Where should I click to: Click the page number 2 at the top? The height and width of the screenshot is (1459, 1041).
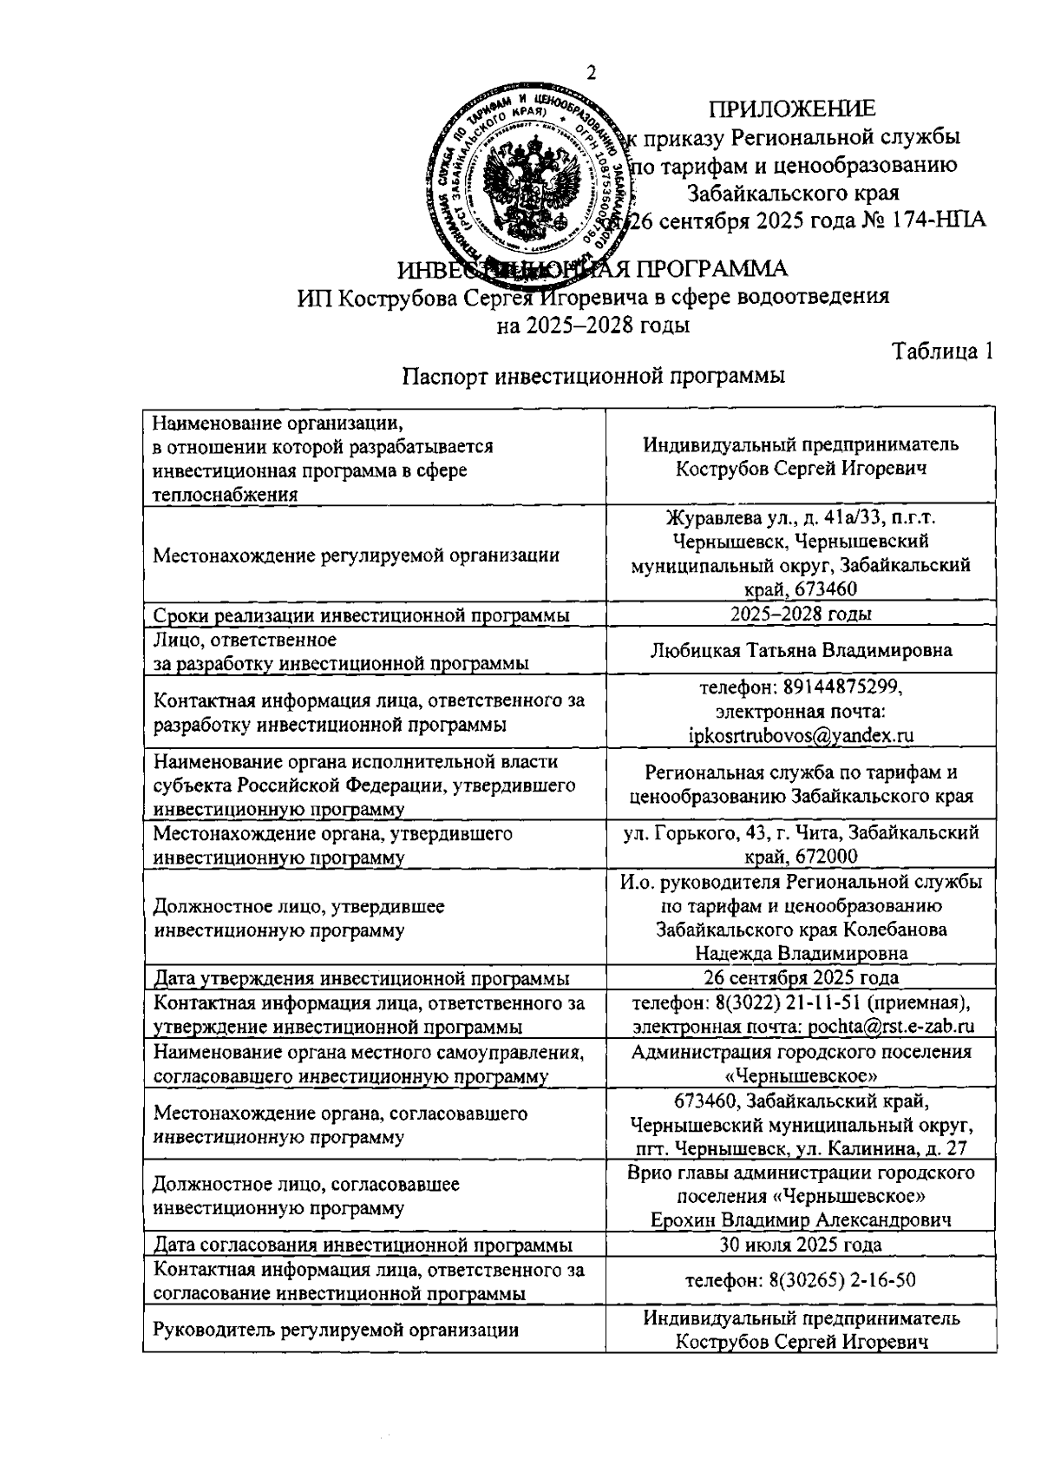592,73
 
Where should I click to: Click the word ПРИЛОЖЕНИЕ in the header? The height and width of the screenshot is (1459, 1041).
792,108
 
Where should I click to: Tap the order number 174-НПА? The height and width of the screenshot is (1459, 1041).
941,220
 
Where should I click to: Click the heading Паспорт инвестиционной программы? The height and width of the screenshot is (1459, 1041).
593,377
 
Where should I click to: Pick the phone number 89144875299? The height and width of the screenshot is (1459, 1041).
841,687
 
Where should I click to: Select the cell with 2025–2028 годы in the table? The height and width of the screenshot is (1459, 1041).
801,614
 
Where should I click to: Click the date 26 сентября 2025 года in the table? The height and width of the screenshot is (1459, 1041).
801,977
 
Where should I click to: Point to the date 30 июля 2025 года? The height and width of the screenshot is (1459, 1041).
801,1245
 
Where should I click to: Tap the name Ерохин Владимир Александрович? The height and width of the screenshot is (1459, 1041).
801,1219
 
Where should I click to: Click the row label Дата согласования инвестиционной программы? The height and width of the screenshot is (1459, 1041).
363,1245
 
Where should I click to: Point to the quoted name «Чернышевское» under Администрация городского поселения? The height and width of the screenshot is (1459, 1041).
801,1076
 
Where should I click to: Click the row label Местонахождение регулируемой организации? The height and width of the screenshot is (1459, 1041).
356,555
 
